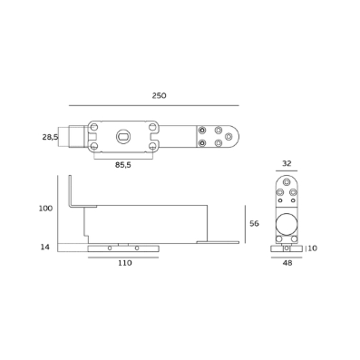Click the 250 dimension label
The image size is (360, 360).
159,95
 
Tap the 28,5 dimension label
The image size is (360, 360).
50,137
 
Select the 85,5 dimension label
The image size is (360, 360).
123,165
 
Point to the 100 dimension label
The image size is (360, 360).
45,209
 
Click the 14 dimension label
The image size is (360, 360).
44,247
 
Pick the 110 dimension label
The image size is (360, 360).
125,263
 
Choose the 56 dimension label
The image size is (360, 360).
255,224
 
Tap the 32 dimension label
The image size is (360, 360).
287,163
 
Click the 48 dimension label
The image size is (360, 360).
287,263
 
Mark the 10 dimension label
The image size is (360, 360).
313,248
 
